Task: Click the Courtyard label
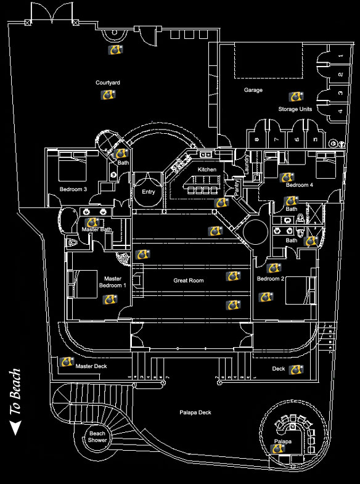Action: click(x=108, y=83)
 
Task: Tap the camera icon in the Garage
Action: click(x=297, y=97)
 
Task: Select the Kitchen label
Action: click(x=207, y=170)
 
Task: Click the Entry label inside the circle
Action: click(x=149, y=192)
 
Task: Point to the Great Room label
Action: click(x=189, y=281)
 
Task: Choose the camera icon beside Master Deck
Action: click(x=67, y=362)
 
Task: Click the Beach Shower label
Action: click(x=97, y=437)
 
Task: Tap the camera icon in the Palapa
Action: click(x=278, y=449)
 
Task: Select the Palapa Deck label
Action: click(x=195, y=412)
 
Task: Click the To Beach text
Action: click(x=15, y=392)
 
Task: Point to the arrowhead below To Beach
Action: click(x=15, y=427)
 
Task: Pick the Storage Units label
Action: click(x=295, y=109)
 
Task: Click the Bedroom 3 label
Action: click(x=73, y=189)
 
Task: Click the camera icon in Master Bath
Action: click(x=92, y=222)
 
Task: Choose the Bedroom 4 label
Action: click(x=299, y=185)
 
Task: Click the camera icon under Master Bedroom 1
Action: click(x=110, y=300)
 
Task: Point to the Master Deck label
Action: click(x=91, y=366)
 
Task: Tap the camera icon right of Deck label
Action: click(x=297, y=369)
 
